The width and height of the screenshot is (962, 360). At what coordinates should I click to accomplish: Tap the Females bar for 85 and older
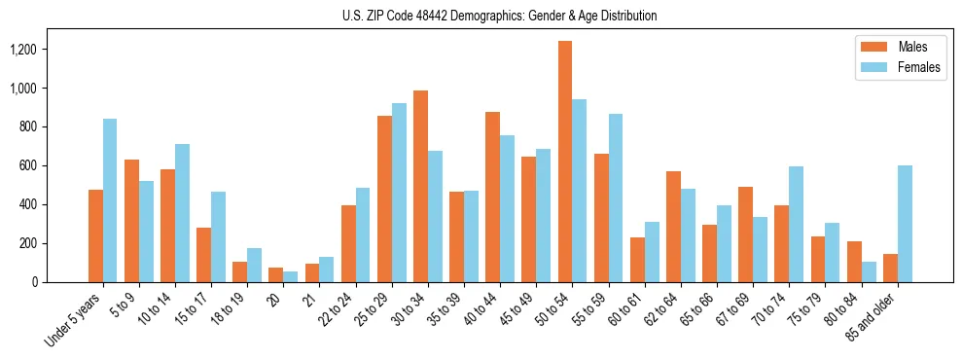905,224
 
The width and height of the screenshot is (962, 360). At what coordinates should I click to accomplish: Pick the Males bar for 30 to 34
420,186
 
